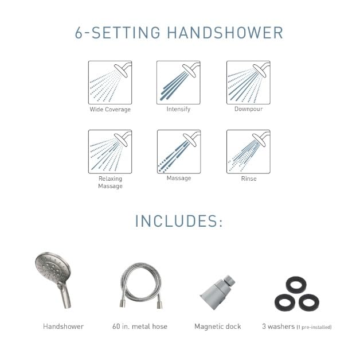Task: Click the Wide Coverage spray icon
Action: pyautogui.click(x=110, y=82)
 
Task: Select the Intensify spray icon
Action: pyautogui.click(x=178, y=82)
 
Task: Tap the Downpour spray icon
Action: pyautogui.click(x=248, y=82)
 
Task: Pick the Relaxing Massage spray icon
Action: pyautogui.click(x=110, y=152)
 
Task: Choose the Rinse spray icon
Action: pyautogui.click(x=248, y=152)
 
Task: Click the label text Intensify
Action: pyautogui.click(x=178, y=109)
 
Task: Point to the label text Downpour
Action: pyautogui.click(x=248, y=109)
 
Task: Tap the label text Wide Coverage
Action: pyautogui.click(x=110, y=110)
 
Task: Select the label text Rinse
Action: pyautogui.click(x=249, y=178)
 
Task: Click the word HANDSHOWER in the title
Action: pyautogui.click(x=225, y=32)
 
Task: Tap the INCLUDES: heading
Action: pyautogui.click(x=179, y=221)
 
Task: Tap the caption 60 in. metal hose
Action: pyautogui.click(x=140, y=327)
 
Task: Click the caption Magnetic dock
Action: pyautogui.click(x=218, y=327)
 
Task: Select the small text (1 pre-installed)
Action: pyautogui.click(x=314, y=327)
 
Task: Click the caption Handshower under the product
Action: pyautogui.click(x=63, y=327)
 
